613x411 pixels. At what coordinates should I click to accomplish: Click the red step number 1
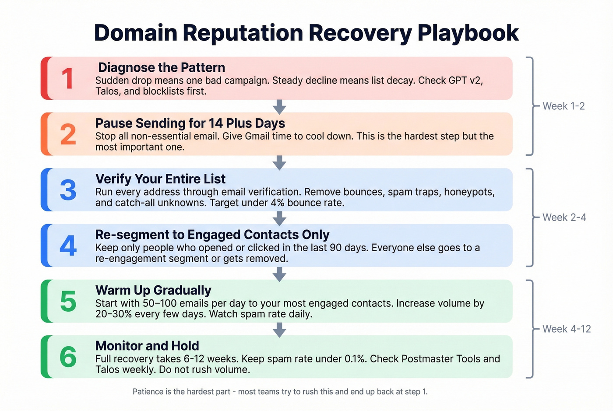pyautogui.click(x=67, y=79)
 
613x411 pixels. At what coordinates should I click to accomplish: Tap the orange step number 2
pyautogui.click(x=68, y=134)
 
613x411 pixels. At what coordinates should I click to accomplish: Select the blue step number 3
pyautogui.click(x=68, y=190)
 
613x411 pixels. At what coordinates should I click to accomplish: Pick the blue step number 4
pyautogui.click(x=68, y=246)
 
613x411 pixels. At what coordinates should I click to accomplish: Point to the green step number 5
pyautogui.click(x=68, y=301)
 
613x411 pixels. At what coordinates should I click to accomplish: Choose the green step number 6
pyautogui.click(x=68, y=357)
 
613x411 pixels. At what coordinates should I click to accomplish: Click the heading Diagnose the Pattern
pyautogui.click(x=162, y=67)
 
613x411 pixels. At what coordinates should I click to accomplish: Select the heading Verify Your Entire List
pyautogui.click(x=160, y=179)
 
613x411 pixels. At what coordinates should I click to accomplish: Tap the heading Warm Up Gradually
pyautogui.click(x=153, y=290)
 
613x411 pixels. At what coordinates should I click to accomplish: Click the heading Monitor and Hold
pyautogui.click(x=147, y=346)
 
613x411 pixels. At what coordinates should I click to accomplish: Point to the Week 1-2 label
pyautogui.click(x=564, y=106)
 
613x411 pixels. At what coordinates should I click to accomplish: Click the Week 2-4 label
pyautogui.click(x=564, y=218)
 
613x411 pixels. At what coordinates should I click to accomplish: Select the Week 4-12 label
pyautogui.click(x=567, y=329)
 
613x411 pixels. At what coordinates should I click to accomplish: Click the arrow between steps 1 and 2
pyautogui.click(x=279, y=106)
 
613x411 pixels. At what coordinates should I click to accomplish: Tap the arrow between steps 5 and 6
pyautogui.click(x=279, y=329)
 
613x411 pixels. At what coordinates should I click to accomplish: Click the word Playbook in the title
pyautogui.click(x=468, y=33)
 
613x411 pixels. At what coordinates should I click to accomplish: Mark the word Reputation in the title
pyautogui.click(x=243, y=33)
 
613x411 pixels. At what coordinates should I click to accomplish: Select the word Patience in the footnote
pyautogui.click(x=148, y=392)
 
